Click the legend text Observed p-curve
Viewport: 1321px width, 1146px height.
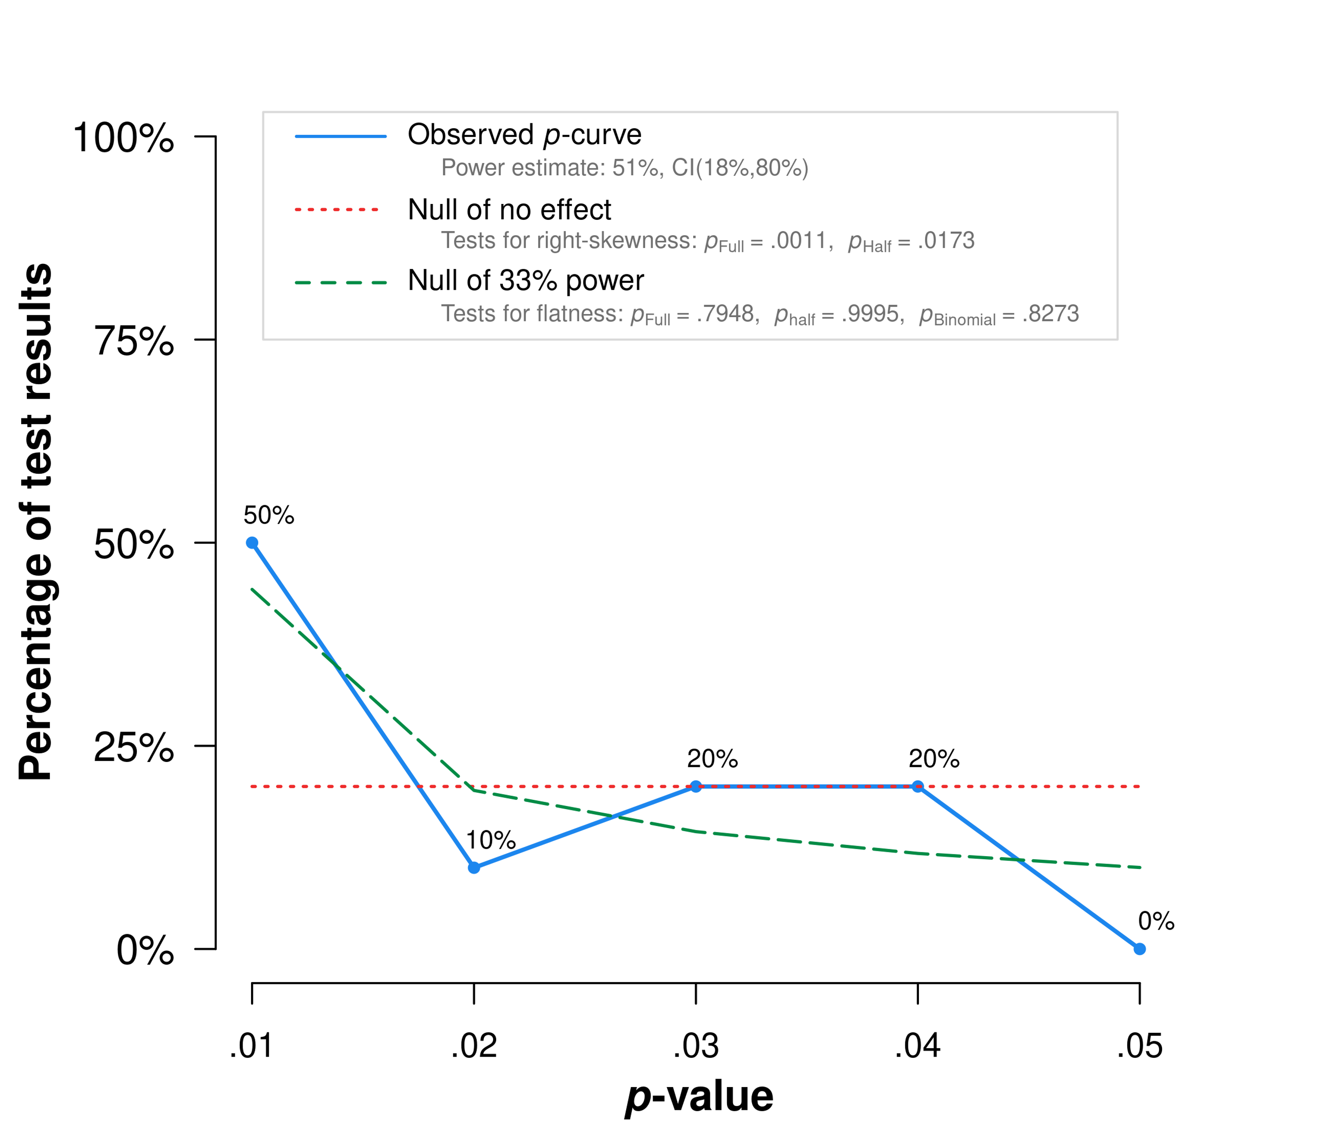pos(524,135)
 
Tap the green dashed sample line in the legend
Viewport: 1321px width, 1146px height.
pos(340,283)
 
